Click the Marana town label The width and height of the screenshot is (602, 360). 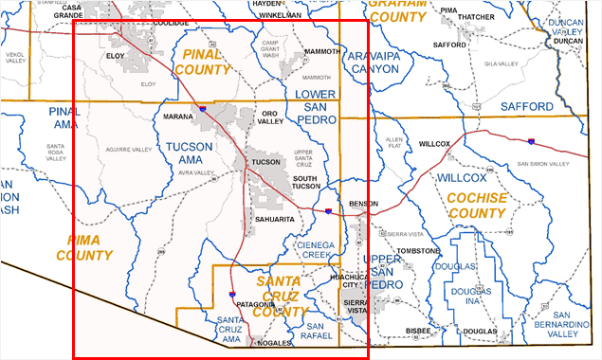click(x=178, y=117)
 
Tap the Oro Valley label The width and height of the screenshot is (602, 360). click(x=272, y=117)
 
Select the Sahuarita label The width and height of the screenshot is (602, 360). click(x=274, y=219)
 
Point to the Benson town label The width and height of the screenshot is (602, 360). click(x=363, y=204)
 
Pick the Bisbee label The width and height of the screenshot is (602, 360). click(x=416, y=331)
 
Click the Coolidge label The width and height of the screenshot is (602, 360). click(x=171, y=22)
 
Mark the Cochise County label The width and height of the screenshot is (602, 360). click(x=475, y=206)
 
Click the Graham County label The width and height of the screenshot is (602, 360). click(x=397, y=10)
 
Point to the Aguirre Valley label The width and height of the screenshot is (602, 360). click(x=130, y=150)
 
